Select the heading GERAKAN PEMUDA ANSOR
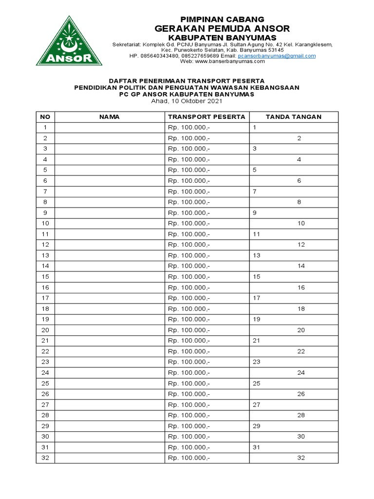[222, 28]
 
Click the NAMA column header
[109, 117]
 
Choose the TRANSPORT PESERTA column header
[206, 117]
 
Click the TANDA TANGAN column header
[293, 117]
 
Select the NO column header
[45, 117]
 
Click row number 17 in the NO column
[45, 298]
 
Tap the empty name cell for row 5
[109, 170]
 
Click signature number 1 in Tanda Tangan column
[255, 128]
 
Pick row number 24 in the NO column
[45, 373]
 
